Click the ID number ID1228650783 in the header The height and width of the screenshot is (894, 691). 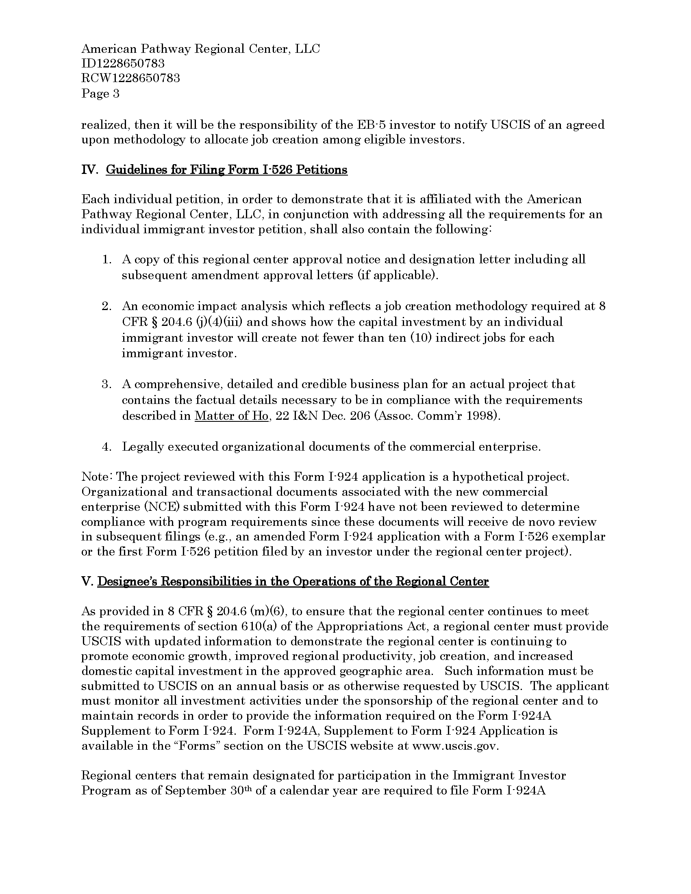click(123, 64)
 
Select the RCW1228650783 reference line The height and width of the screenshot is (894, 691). click(130, 78)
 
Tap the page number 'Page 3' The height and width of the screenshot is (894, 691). click(100, 94)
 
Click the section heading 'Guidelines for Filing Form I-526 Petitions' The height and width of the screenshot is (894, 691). click(226, 170)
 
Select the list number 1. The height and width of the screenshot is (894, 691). click(107, 260)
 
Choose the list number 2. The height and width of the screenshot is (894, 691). click(107, 306)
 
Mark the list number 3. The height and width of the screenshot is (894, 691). click(107, 384)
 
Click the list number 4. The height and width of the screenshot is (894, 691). click(107, 447)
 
